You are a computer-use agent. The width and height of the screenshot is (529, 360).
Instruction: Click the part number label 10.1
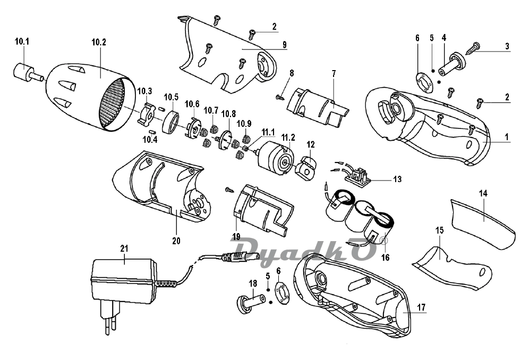pos(22,41)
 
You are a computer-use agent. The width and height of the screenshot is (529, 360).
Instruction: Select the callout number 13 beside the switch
pos(397,179)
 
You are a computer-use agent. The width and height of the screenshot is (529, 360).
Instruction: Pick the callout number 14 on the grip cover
pos(483,194)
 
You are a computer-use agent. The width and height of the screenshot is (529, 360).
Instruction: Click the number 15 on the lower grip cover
pos(440,230)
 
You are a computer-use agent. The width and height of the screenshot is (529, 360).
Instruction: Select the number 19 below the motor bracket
pos(236,236)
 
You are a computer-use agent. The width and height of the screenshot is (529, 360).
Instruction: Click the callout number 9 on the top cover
pos(285,44)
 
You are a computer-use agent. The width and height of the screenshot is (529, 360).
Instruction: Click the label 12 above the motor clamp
pos(311,144)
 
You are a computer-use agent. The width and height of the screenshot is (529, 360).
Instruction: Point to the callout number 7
pos(333,73)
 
